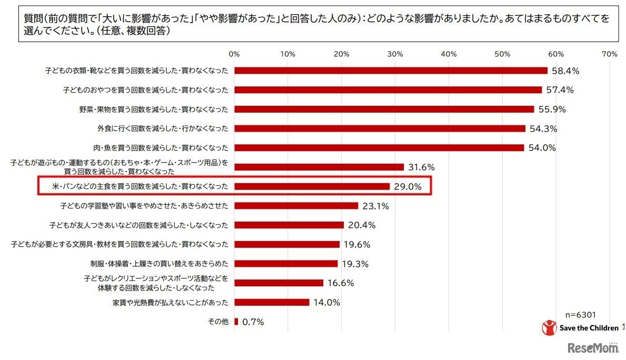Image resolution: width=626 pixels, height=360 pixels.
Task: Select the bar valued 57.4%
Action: (x=388, y=90)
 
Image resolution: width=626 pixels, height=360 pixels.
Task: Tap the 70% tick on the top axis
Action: (x=609, y=54)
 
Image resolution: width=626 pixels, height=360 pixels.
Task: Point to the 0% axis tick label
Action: (x=234, y=54)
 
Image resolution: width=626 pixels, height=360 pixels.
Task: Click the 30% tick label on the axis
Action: (x=395, y=54)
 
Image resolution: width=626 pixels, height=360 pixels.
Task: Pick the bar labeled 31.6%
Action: (x=319, y=167)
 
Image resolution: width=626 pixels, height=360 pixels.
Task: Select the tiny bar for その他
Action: (x=236, y=322)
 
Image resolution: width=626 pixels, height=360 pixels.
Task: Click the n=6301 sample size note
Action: (x=581, y=315)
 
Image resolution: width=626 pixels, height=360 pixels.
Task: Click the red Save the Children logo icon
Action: (x=549, y=327)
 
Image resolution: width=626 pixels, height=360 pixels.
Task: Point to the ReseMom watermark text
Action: (x=593, y=348)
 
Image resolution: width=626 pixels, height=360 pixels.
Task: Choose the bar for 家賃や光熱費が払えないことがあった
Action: (x=272, y=302)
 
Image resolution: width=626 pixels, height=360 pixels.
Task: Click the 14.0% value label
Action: (x=327, y=303)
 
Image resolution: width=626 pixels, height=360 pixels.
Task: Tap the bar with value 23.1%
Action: (x=296, y=206)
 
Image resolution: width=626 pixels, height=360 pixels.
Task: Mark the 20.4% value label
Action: (x=362, y=225)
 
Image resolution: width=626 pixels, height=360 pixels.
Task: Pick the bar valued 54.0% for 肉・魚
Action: (x=379, y=148)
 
